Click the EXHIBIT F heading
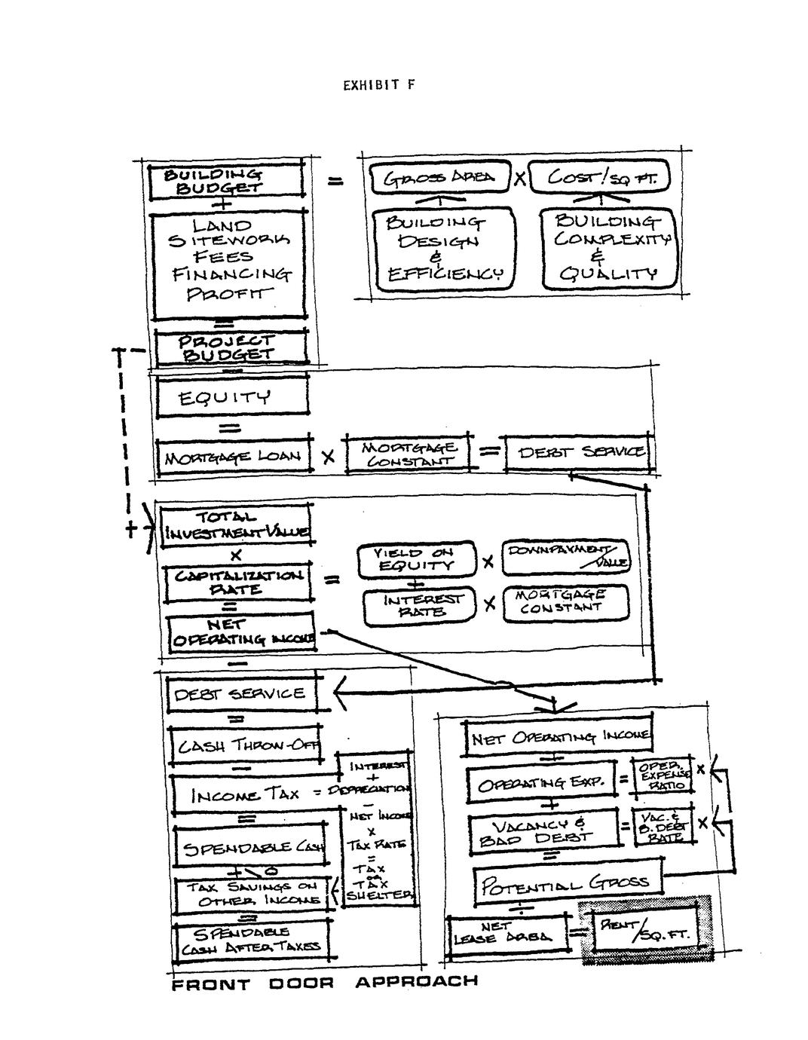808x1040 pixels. point(378,84)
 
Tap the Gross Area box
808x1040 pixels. point(439,179)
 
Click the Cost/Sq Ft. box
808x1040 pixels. point(598,179)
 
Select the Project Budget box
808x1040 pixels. point(231,347)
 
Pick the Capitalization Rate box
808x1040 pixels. point(239,583)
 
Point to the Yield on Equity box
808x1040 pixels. point(416,559)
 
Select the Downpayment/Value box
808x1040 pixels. point(565,558)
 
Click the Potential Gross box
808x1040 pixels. point(567,882)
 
